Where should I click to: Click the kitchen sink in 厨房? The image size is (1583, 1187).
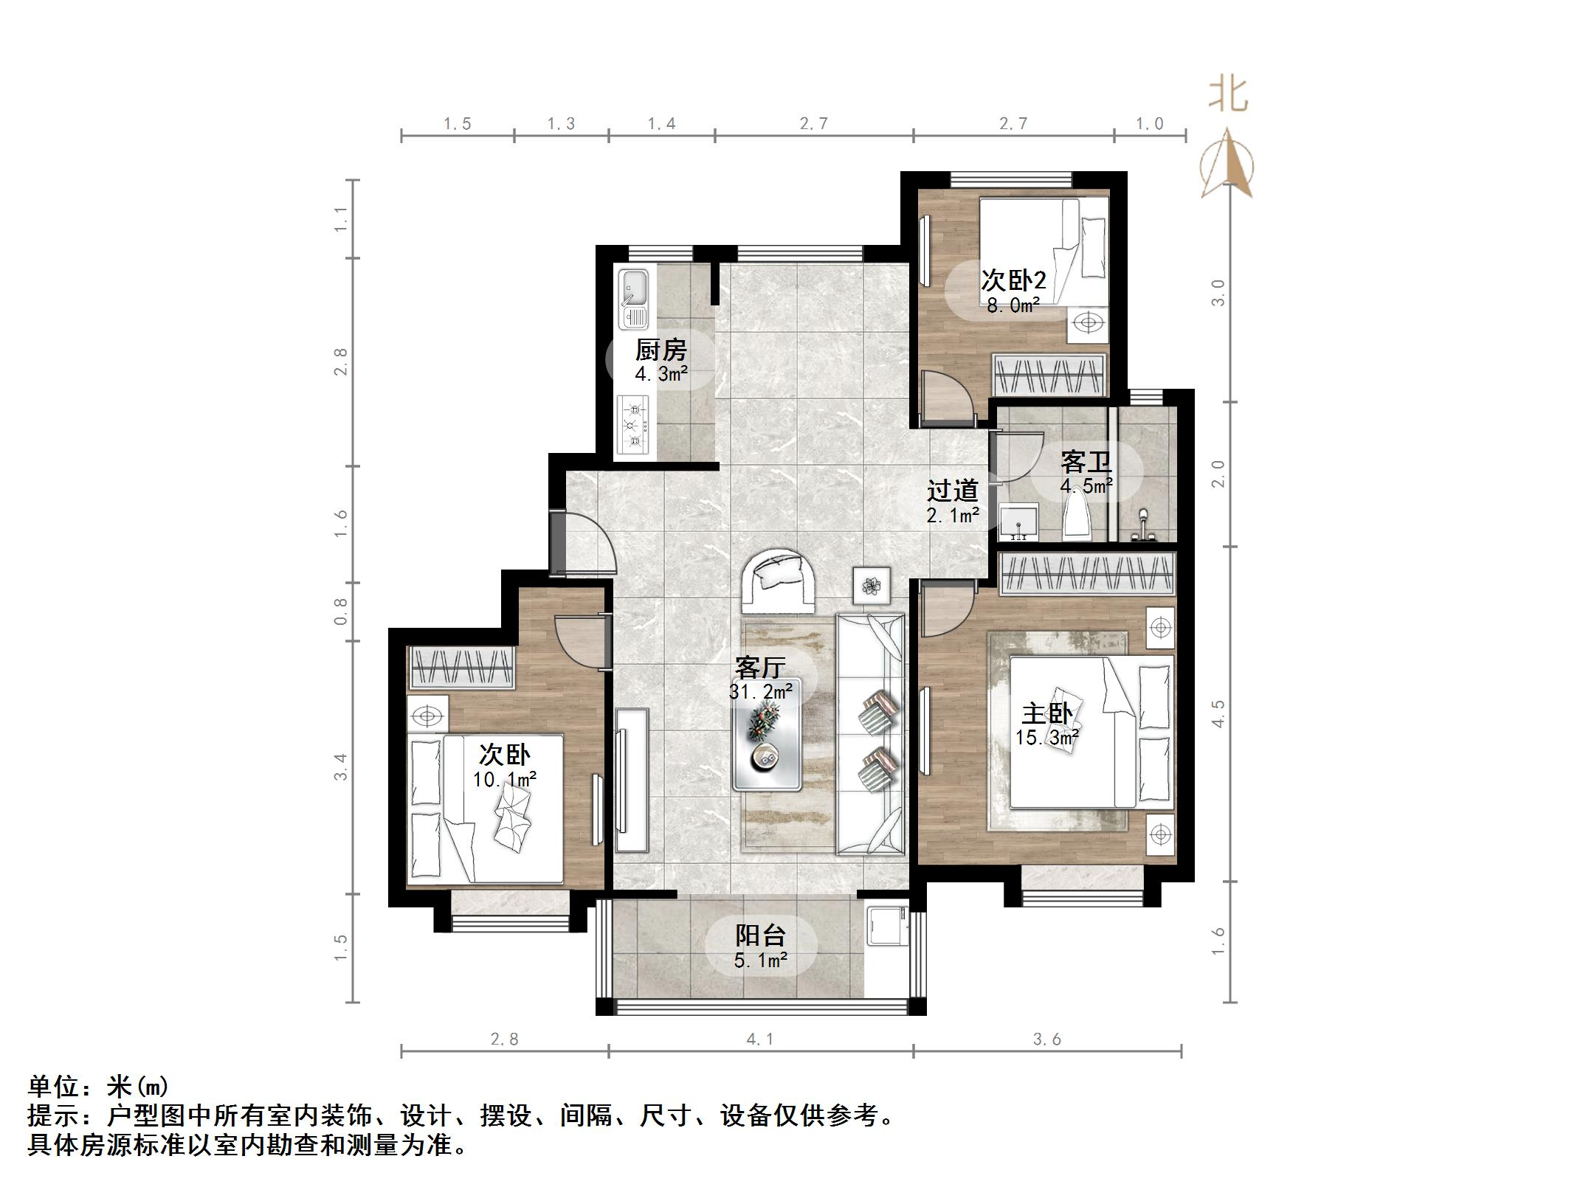(x=634, y=298)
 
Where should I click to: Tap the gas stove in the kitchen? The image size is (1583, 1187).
(x=632, y=425)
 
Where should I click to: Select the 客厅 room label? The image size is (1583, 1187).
(x=760, y=668)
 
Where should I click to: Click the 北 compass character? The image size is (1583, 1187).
(x=1229, y=96)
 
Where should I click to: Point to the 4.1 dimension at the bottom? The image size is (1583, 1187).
(x=760, y=1039)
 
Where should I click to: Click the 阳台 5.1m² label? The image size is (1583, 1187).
(x=761, y=947)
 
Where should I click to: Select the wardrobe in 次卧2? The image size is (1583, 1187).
(x=1049, y=375)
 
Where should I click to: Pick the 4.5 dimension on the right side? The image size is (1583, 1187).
(x=1218, y=713)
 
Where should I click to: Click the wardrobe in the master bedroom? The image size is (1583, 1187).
(x=1086, y=575)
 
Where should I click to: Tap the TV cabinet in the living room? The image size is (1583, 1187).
(x=632, y=780)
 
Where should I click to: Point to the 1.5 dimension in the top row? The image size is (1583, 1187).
(x=458, y=123)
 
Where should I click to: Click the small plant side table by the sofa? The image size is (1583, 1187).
(x=872, y=586)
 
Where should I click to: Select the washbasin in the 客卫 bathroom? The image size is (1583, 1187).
(x=1018, y=522)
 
